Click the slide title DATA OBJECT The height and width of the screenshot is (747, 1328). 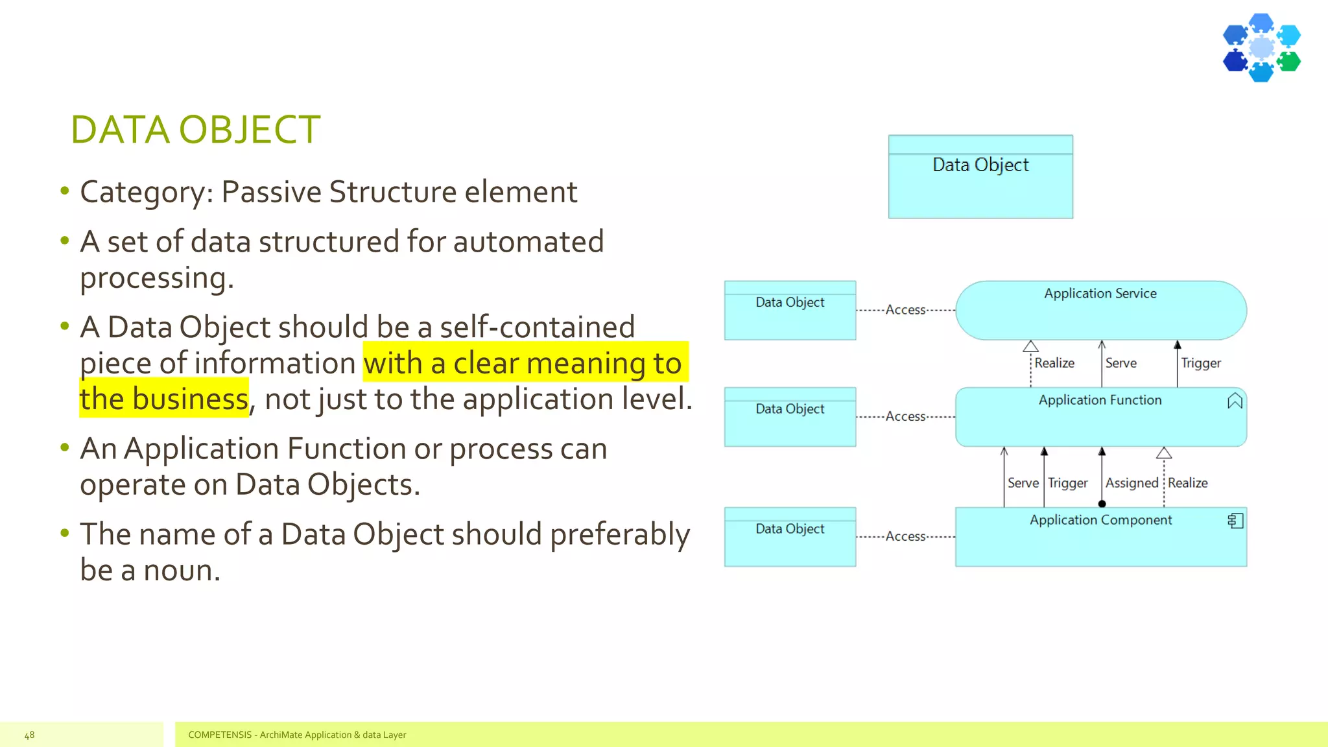[195, 129]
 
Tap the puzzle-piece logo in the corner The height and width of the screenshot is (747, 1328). [1261, 48]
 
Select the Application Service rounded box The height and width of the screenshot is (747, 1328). [1100, 311]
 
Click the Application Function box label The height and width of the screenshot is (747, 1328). [1100, 400]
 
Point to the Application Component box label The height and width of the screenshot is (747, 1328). [1100, 520]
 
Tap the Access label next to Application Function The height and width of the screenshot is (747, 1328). [905, 416]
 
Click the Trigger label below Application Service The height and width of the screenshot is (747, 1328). [1200, 363]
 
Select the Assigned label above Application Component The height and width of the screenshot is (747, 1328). [1132, 483]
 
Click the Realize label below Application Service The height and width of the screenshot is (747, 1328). [1054, 363]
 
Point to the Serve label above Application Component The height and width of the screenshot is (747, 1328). [1023, 483]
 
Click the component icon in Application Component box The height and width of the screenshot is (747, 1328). [1235, 521]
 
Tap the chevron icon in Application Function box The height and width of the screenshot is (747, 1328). [1235, 401]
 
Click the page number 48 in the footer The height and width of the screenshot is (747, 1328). [29, 735]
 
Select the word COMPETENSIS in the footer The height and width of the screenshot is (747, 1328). [220, 735]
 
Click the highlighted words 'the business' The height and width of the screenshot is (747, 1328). [164, 399]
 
